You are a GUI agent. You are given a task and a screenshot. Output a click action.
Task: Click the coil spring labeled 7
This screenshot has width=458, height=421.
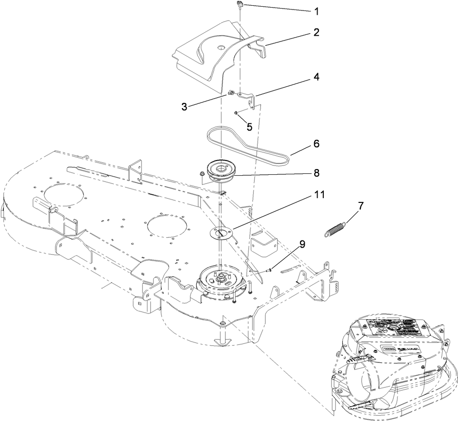coord(336,228)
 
